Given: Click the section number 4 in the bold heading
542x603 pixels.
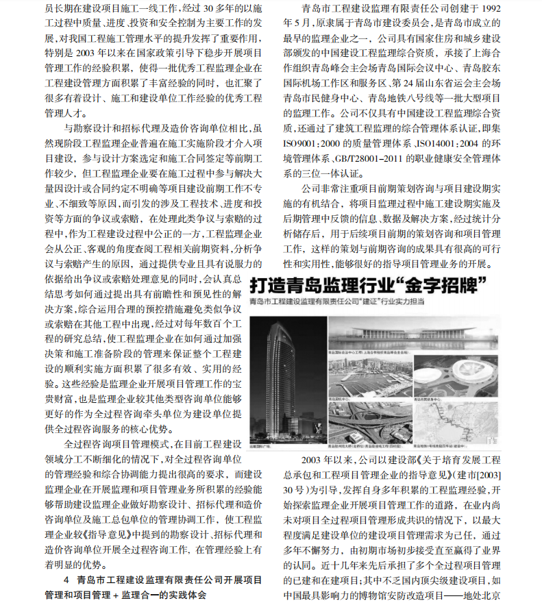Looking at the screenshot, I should (66, 579).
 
